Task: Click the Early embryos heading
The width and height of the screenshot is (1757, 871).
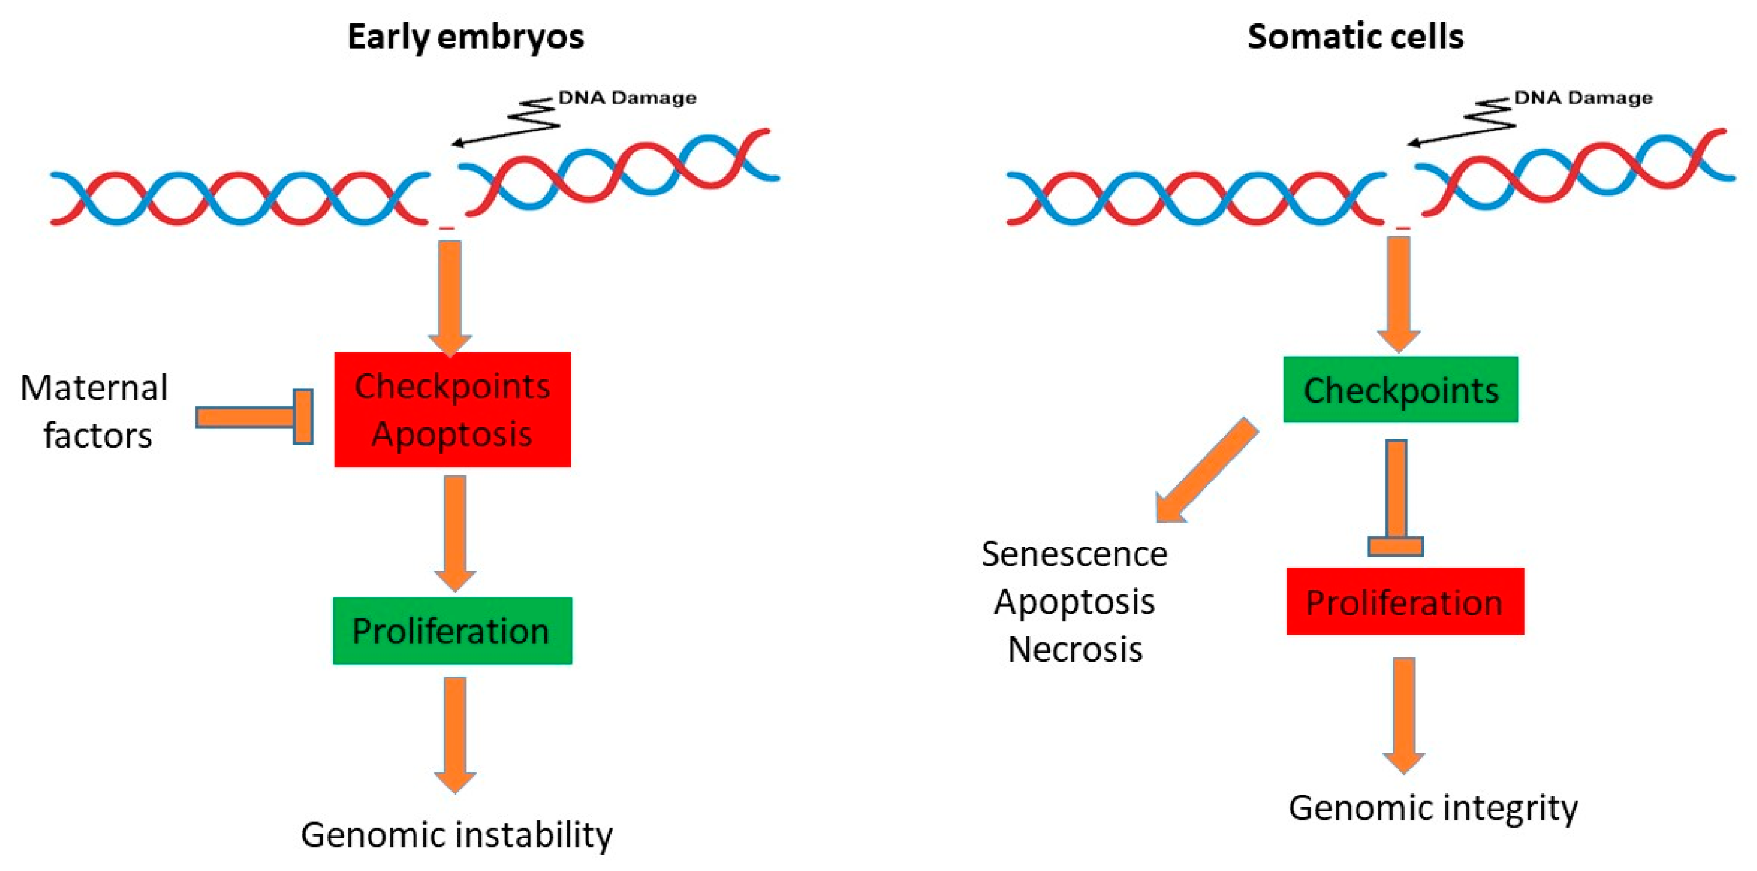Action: pos(465,37)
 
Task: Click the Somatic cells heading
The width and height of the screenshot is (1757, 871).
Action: pos(1356,37)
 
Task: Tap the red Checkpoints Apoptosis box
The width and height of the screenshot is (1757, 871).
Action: pos(452,409)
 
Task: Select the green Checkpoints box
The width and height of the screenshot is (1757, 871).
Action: pos(1400,390)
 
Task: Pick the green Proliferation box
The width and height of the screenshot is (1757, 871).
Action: pos(452,631)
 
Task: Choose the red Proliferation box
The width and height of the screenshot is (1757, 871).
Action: pos(1405,601)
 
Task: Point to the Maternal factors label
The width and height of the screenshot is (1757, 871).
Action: pos(95,411)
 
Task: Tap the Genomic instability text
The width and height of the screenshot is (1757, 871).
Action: pos(456,835)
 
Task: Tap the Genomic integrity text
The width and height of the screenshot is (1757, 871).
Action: pos(1433,808)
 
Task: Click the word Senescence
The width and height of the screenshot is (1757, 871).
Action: pos(1074,554)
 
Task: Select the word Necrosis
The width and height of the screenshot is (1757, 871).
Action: pos(1075,649)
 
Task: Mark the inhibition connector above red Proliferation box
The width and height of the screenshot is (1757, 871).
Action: pos(1396,498)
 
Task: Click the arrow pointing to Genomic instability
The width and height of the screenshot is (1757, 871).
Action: pos(455,733)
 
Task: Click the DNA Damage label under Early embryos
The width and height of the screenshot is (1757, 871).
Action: pos(627,98)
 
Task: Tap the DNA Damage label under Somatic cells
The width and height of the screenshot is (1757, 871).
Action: pos(1583,98)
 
